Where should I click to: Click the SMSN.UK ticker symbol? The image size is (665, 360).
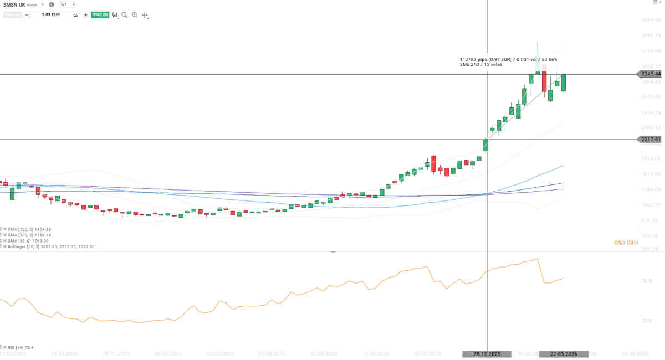click(14, 4)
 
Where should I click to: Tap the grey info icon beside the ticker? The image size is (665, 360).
click(52, 4)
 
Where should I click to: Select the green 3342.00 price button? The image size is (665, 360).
click(100, 15)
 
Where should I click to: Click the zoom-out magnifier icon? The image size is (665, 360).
click(125, 15)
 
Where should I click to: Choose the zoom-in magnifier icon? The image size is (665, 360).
click(135, 15)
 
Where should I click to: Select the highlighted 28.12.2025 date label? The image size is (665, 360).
click(487, 354)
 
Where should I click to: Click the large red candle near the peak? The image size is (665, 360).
click(545, 81)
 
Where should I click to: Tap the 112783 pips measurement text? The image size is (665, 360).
click(508, 59)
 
